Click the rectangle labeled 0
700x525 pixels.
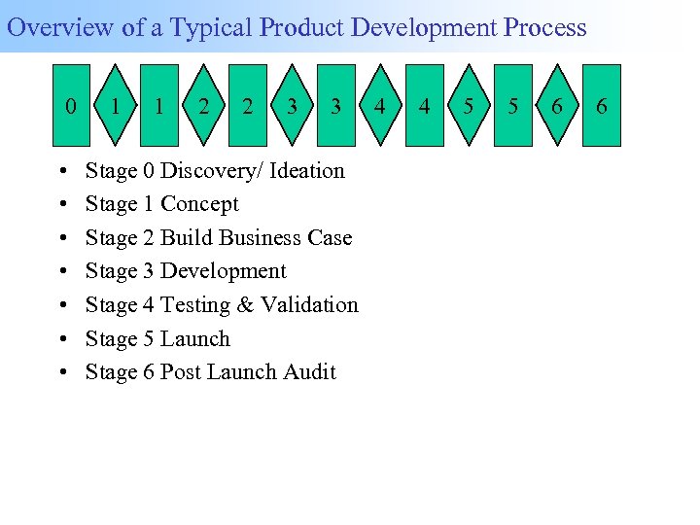70,106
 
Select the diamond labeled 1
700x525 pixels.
116,106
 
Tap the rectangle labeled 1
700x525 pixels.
158,106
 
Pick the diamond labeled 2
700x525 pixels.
203,106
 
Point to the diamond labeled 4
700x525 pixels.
380,106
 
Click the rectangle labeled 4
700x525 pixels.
424,106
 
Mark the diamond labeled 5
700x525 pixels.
469,106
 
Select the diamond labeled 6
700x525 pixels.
556,106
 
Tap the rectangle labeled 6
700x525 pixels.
601,106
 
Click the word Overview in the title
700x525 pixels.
61,27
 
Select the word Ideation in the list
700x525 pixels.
306,171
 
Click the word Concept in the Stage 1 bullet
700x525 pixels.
199,204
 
